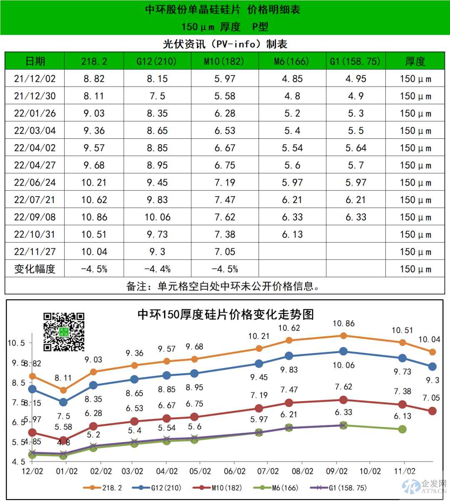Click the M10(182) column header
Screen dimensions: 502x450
[x=225, y=62]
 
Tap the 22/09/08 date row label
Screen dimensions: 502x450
[x=35, y=217]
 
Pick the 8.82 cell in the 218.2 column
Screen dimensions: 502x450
[x=94, y=79]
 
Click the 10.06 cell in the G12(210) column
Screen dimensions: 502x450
[x=157, y=217]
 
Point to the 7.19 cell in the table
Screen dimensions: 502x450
[x=225, y=183]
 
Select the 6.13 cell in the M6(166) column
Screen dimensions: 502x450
[x=292, y=234]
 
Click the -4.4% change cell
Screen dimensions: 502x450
[x=157, y=269]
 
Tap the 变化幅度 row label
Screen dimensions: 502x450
[x=35, y=269]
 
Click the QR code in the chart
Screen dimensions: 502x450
[x=64, y=332]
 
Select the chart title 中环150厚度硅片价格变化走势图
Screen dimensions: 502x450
[x=225, y=314]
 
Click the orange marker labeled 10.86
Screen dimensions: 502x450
[x=343, y=336]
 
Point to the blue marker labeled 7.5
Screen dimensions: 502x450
[x=63, y=402]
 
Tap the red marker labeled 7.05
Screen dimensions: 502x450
[x=432, y=411]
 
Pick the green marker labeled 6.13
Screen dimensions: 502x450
[x=402, y=429]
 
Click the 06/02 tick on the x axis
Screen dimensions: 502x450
[x=235, y=471]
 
